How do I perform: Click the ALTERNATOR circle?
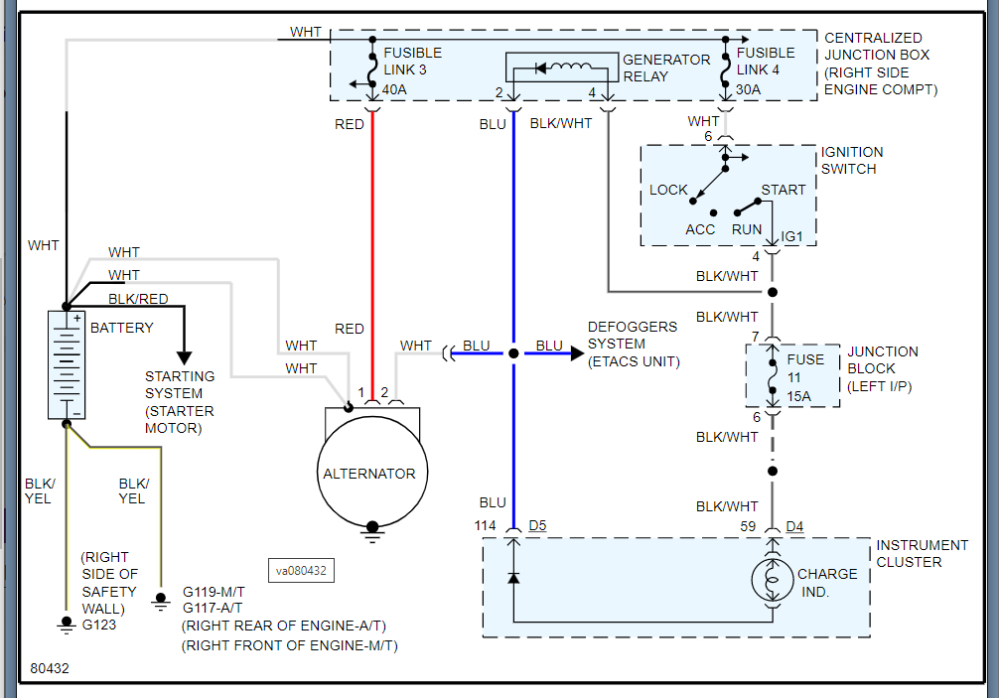click(x=369, y=475)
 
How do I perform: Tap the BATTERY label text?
click(x=122, y=328)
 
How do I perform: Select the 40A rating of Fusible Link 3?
click(x=395, y=90)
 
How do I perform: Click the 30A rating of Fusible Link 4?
click(x=748, y=90)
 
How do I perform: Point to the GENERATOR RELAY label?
click(x=666, y=68)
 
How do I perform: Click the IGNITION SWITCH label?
click(x=851, y=161)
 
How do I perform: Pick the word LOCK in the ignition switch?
click(x=668, y=190)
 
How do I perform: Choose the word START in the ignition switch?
click(x=784, y=190)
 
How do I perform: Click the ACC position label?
click(x=700, y=229)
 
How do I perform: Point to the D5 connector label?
click(x=537, y=525)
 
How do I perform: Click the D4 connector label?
click(x=795, y=525)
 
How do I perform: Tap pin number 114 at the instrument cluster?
click(x=486, y=525)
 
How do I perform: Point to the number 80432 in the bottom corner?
click(x=50, y=669)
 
